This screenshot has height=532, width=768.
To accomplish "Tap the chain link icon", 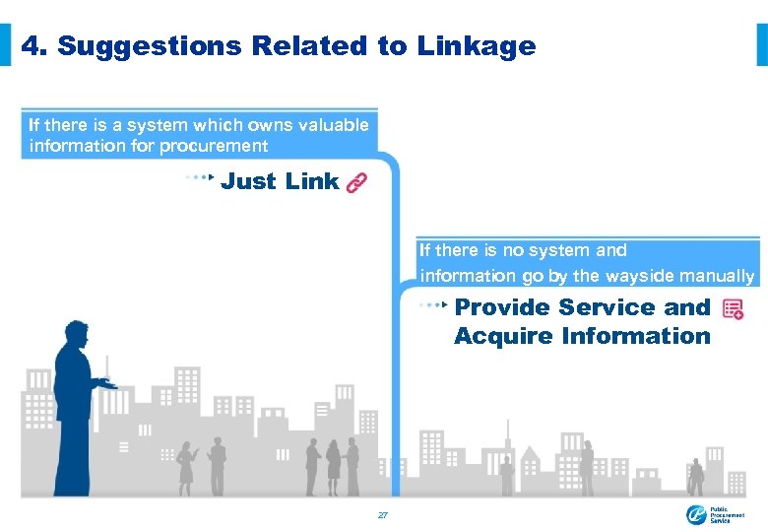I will point(356,182).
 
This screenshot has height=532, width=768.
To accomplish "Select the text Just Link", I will point(280,181).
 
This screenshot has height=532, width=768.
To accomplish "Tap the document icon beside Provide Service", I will point(733,309).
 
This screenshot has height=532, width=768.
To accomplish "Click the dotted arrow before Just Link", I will point(200,178).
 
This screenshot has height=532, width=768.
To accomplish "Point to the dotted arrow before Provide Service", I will point(433,305).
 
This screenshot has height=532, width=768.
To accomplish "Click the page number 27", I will point(383,515).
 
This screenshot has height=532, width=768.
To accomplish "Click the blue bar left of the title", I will point(6,45).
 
